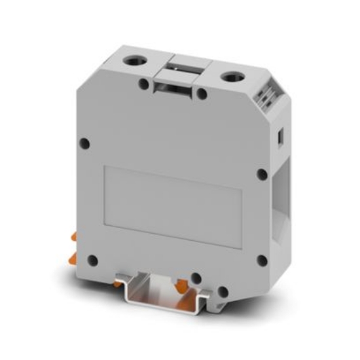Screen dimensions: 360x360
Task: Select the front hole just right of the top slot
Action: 202,95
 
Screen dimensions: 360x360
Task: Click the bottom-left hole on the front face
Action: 92,260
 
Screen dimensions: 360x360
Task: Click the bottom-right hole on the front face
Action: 262,261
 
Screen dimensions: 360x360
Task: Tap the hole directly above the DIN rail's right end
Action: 196,278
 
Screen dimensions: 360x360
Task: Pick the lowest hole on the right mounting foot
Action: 223,292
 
